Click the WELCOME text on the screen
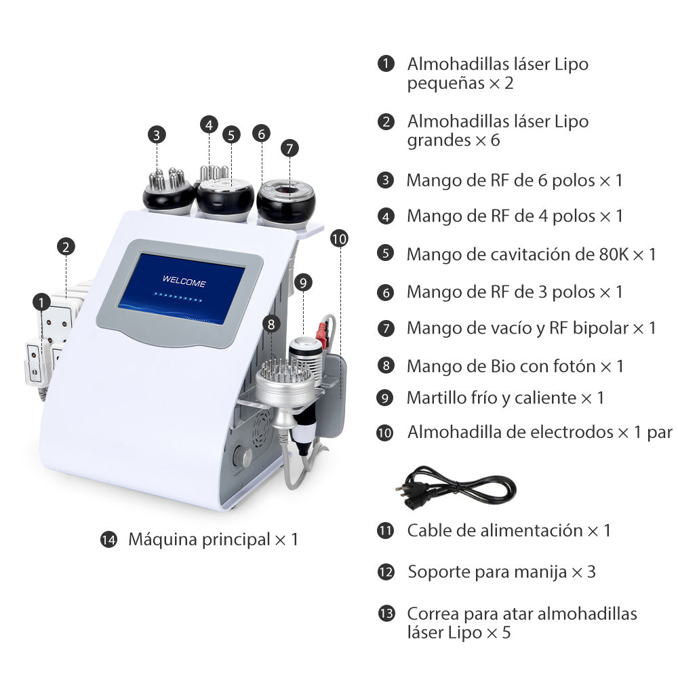coord(184,283)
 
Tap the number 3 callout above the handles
coord(157,134)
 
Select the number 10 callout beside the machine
coord(340,239)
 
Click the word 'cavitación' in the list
coord(535,254)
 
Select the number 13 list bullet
coord(386,614)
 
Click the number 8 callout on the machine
coord(272,324)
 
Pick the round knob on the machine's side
coord(241,458)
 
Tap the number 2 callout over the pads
coord(66,247)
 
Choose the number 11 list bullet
coord(386,530)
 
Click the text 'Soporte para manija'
coord(487,572)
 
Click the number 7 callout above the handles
coord(289,148)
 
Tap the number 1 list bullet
coord(386,64)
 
